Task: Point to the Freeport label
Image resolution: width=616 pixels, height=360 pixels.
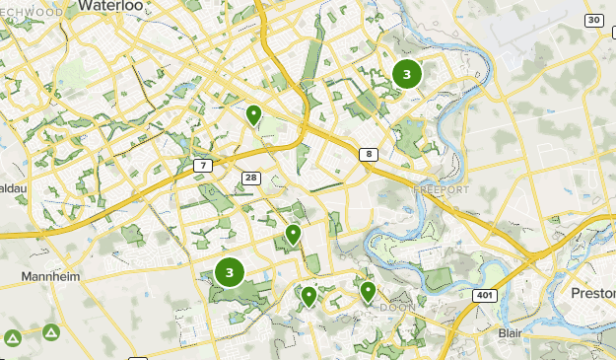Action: [442, 188]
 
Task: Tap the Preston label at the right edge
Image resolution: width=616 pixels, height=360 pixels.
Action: [593, 293]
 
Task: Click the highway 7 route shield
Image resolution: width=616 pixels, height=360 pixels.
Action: [203, 164]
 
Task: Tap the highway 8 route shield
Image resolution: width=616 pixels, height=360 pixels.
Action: [367, 154]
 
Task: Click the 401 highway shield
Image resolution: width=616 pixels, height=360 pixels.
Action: [484, 294]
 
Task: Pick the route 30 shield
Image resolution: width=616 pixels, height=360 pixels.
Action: [593, 20]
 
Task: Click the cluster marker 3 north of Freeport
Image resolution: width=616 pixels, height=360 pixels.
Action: [406, 74]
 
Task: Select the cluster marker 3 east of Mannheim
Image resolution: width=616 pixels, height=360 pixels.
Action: [230, 272]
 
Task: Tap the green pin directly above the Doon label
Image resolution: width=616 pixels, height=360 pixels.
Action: [368, 291]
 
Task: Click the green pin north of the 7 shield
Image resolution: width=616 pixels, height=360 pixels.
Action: [253, 115]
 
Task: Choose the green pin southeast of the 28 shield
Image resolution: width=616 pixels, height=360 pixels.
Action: [293, 234]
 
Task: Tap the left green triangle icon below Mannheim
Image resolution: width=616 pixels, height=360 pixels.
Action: [13, 338]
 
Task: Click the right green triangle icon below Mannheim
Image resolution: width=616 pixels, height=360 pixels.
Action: [49, 332]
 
